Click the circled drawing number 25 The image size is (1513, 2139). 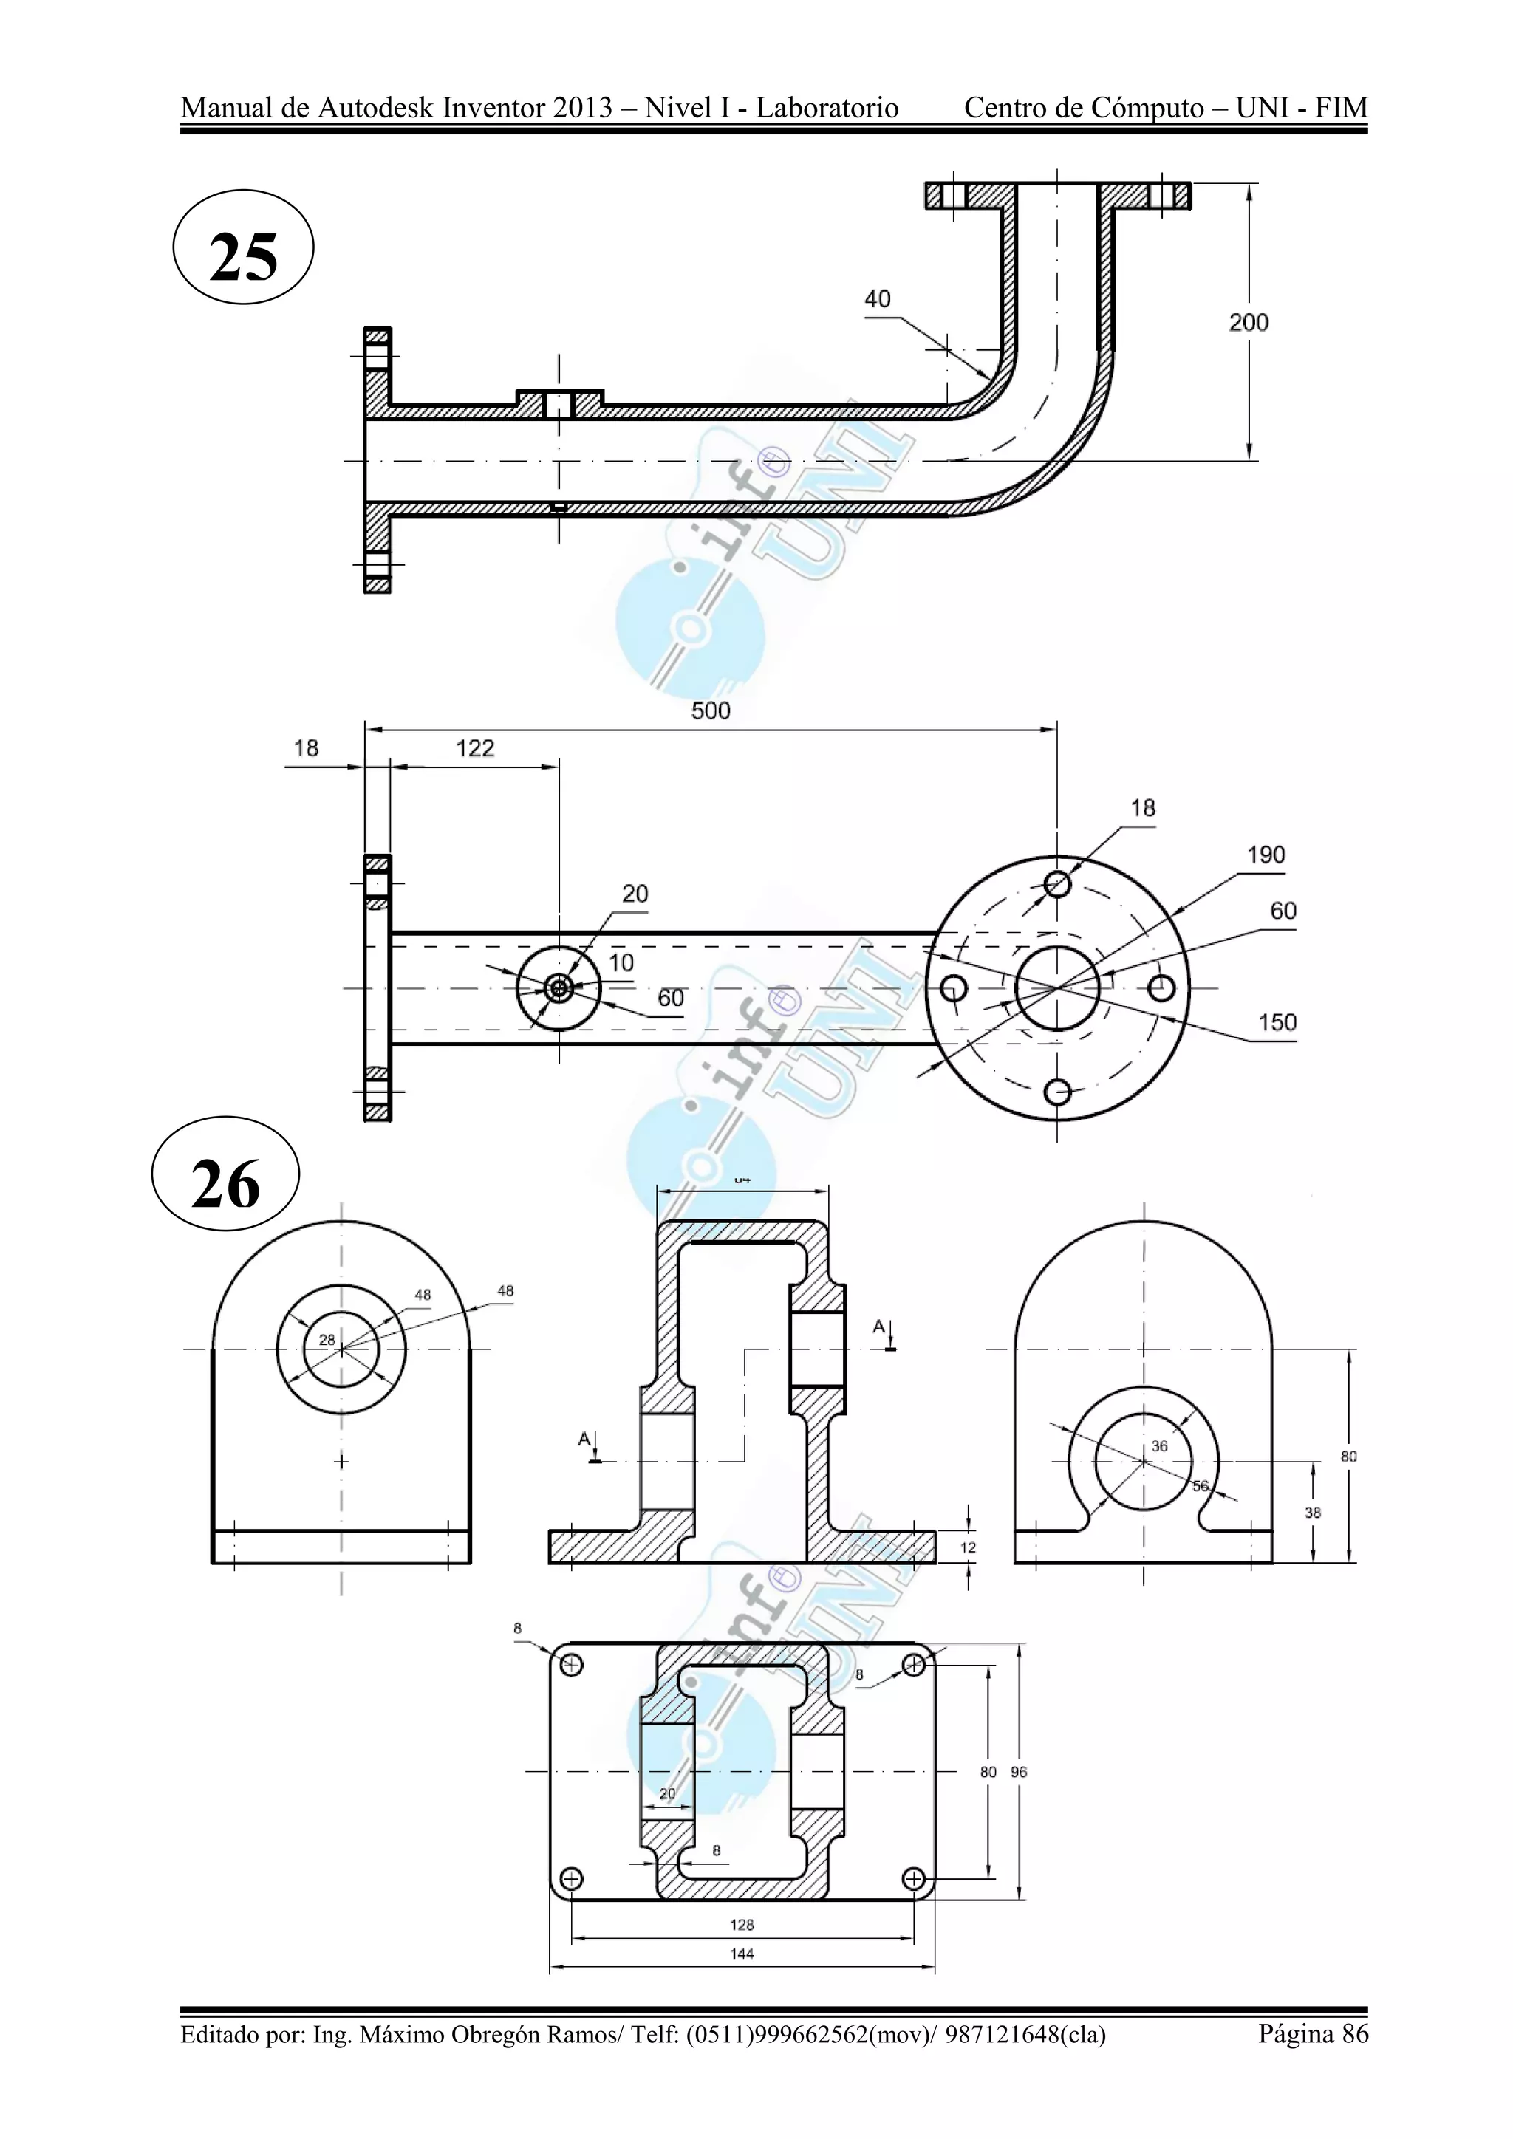point(243,256)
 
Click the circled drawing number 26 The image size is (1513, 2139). point(225,1184)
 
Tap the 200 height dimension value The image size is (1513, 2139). point(1249,322)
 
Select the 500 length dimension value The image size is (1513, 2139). point(711,711)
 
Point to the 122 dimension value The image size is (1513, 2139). point(475,748)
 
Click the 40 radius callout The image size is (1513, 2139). point(878,299)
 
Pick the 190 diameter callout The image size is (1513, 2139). point(1266,855)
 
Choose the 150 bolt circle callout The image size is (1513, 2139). point(1277,1022)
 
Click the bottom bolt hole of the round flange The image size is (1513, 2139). point(1057,1092)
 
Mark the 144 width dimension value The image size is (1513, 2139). point(742,1954)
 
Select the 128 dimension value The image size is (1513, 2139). point(742,1925)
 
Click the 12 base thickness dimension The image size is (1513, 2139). point(968,1547)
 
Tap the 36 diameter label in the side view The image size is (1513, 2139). point(1159,1446)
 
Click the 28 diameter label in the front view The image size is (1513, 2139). point(327,1340)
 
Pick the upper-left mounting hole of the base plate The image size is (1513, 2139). point(572,1665)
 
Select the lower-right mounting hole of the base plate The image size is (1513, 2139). point(914,1878)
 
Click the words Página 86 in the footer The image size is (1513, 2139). point(1313,2033)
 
